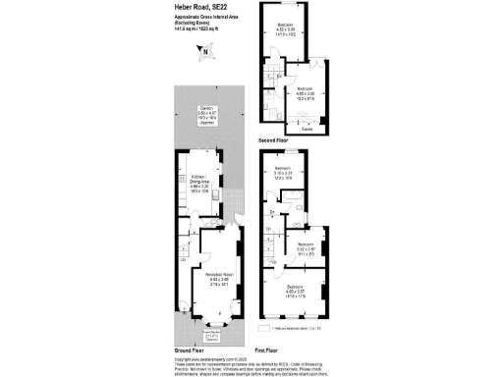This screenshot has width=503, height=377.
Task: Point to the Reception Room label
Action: pos(216,278)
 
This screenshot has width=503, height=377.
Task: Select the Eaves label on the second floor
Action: pos(307,129)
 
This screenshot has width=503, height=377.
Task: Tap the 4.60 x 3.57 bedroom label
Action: pos(296,292)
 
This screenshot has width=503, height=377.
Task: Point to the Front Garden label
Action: pos(216,336)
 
